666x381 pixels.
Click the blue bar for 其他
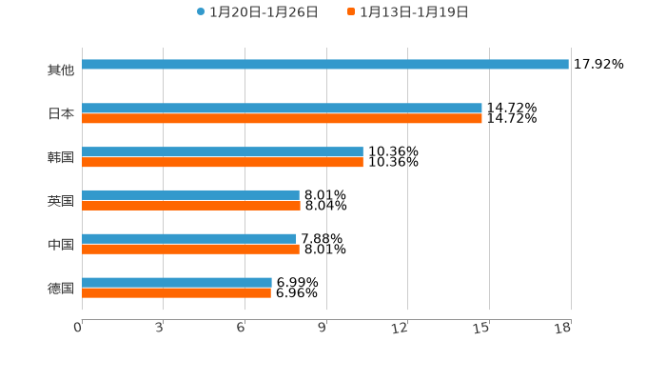[325, 65]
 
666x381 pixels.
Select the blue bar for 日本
[282, 109]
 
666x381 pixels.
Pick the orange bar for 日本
[282, 119]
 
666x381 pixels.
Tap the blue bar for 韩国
[223, 152]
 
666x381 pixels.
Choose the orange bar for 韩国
[223, 163]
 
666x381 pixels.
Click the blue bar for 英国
[190, 195]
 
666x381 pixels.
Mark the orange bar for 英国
[191, 206]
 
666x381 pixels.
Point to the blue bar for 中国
[189, 239]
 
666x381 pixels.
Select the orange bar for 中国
[190, 250]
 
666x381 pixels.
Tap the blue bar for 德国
[177, 283]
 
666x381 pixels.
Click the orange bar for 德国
[176, 292]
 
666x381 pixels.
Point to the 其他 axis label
[61, 70]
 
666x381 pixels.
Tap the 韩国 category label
[61, 157]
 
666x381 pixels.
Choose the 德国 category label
[61, 288]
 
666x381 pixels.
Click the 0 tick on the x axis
[78, 329]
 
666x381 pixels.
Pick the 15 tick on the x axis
[481, 329]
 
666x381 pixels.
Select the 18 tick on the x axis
[563, 329]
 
